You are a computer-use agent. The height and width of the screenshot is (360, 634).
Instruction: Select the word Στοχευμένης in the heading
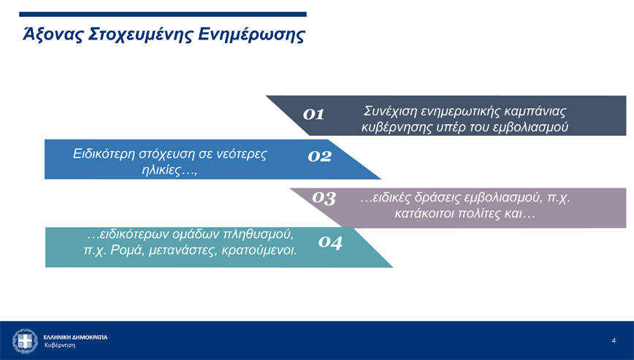coord(140,35)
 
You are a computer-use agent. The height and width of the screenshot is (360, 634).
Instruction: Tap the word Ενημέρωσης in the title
coord(251,35)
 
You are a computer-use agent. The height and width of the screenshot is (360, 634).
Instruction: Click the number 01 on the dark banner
coord(313,115)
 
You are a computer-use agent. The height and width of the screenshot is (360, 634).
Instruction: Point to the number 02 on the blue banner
coord(319,156)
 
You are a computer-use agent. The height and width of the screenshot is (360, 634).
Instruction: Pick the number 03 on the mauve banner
coord(324,198)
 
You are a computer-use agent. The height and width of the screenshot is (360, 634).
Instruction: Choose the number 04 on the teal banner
coord(330,242)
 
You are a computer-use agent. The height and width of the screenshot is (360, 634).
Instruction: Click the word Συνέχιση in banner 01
coord(389,111)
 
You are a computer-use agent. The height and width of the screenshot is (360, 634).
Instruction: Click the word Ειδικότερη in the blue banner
coord(104,154)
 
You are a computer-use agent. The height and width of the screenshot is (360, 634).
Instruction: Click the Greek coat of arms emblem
coord(25,340)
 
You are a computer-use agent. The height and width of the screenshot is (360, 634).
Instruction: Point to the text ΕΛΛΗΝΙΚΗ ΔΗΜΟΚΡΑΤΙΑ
coord(76,337)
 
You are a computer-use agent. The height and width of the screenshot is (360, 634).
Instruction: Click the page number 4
coord(614,340)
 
